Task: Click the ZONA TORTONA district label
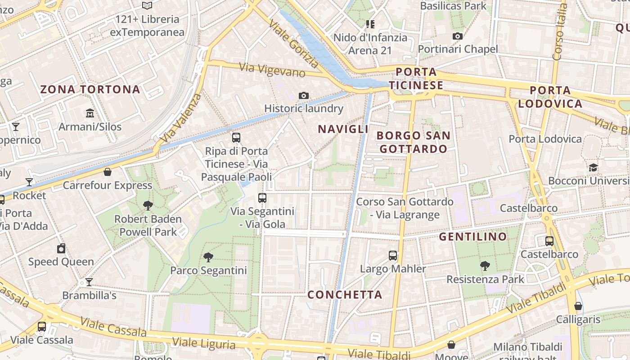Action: [90, 89]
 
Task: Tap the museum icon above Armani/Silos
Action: [90, 113]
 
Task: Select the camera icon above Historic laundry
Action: [304, 95]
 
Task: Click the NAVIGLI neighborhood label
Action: [343, 129]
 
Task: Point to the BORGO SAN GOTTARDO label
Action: [413, 142]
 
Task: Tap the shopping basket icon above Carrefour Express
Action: [108, 172]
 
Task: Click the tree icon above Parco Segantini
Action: [208, 257]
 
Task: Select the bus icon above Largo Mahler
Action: [393, 256]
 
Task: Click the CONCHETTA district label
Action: [345, 295]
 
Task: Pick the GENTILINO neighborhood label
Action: [473, 236]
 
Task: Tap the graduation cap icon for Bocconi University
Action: [594, 168]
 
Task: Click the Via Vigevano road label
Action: [272, 70]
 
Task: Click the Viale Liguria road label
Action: [204, 343]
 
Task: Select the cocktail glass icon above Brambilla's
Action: [89, 282]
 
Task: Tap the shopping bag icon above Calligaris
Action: [578, 306]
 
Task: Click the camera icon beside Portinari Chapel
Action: [458, 36]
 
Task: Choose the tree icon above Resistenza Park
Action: [485, 266]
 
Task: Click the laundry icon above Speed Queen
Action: [61, 248]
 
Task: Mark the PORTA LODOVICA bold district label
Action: [550, 97]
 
